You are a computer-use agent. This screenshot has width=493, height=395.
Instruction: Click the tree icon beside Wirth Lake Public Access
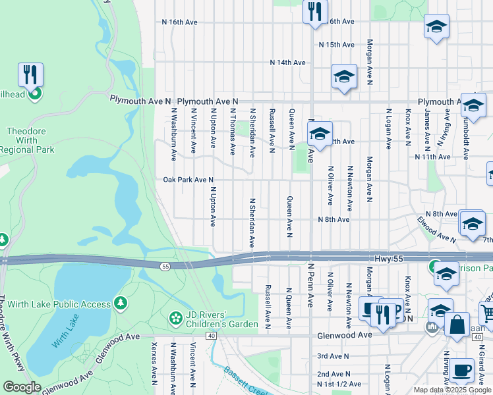[120, 302]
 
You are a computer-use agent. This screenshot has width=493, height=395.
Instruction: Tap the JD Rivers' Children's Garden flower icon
[175, 318]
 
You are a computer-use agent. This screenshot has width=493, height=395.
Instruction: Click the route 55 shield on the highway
[164, 265]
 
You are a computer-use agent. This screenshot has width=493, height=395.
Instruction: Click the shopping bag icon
[456, 323]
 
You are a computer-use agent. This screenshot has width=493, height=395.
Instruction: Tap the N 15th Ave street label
[337, 45]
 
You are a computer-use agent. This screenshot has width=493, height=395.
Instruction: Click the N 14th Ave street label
[288, 63]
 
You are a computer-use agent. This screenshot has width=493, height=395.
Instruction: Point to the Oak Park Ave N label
[188, 180]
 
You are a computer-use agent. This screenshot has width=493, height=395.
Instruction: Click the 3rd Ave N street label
[332, 356]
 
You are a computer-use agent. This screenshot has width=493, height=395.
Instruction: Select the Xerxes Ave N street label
[154, 363]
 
